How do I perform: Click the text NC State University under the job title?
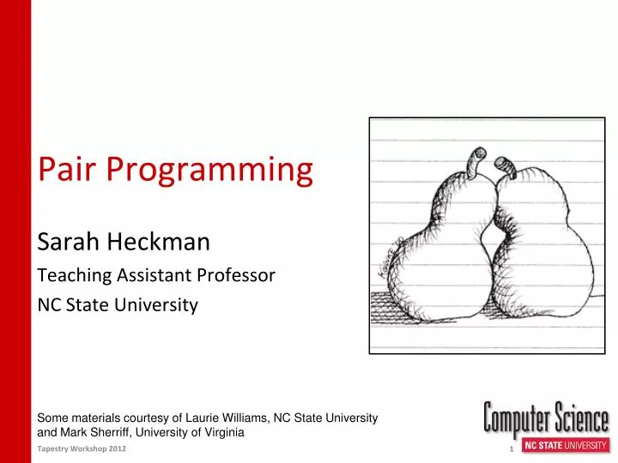pyautogui.click(x=118, y=304)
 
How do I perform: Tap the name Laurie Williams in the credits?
pyautogui.click(x=231, y=418)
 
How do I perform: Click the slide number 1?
pyautogui.click(x=511, y=450)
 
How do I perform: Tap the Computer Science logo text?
pyautogui.click(x=546, y=419)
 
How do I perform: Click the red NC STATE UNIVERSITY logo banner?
pyautogui.click(x=566, y=446)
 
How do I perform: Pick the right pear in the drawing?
pyautogui.click(x=536, y=257)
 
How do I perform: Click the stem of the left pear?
pyautogui.click(x=475, y=159)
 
